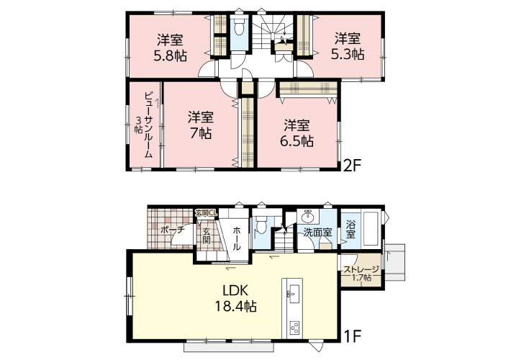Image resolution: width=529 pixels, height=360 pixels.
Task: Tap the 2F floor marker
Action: click(x=352, y=165)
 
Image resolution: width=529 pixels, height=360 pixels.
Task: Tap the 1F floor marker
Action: click(x=352, y=336)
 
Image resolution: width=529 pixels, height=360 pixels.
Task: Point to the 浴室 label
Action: click(x=350, y=230)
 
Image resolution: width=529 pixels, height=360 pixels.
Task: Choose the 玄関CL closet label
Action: click(x=205, y=213)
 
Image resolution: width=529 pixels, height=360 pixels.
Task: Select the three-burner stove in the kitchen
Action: click(x=294, y=327)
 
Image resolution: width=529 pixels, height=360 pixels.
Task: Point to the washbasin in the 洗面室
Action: click(x=308, y=215)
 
